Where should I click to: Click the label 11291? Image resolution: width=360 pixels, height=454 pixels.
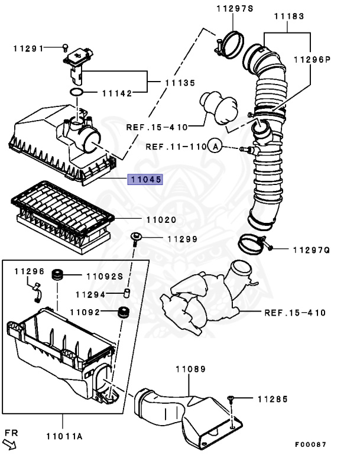coord(28,48)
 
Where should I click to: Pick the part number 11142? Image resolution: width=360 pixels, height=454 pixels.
coord(116,93)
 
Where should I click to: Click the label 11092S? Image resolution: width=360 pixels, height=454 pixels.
coord(104,275)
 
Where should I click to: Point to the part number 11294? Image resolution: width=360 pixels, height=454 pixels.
coord(90,294)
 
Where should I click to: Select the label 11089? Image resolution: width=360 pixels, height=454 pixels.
coord(190,369)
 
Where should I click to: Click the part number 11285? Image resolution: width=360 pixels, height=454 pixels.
coord(272,400)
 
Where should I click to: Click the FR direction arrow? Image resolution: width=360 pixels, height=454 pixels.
coord(11,438)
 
